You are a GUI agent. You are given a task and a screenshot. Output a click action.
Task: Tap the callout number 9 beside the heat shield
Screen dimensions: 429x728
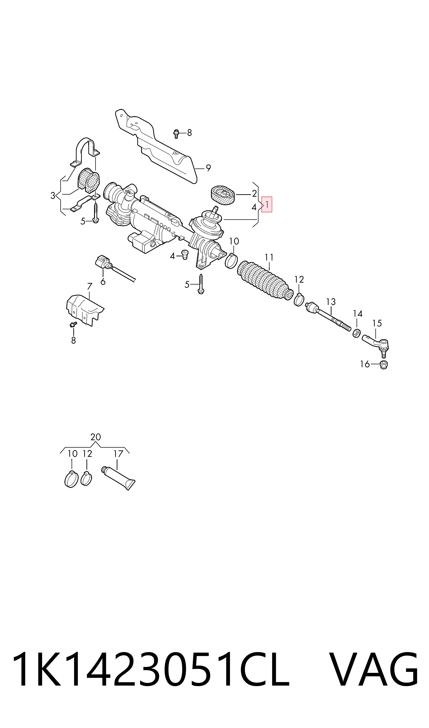pyautogui.click(x=208, y=168)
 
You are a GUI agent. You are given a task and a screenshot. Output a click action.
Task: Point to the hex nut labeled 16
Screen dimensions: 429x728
pyautogui.click(x=383, y=365)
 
